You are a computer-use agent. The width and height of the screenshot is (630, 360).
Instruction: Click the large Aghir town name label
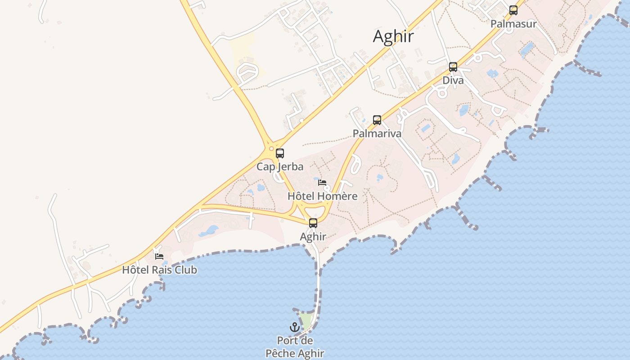393,36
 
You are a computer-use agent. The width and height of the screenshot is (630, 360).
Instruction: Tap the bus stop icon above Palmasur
513,10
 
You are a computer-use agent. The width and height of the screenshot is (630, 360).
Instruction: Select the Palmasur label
513,24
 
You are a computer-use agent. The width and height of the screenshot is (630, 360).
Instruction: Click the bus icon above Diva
453,67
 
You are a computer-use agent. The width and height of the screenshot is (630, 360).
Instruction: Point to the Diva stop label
453,81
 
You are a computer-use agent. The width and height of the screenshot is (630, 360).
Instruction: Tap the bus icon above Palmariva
377,120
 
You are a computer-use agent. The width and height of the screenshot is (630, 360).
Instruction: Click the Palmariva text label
377,134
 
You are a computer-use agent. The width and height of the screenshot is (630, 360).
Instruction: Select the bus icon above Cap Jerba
280,153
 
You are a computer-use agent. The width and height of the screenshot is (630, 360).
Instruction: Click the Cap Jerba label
280,166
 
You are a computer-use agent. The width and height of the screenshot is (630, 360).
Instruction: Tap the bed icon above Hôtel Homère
322,183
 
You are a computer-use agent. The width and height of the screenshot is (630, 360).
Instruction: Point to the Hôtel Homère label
322,196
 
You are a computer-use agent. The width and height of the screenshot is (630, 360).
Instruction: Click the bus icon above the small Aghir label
313,223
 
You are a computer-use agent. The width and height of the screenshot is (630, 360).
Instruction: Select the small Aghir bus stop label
313,236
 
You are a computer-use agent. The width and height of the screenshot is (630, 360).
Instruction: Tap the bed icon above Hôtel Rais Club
159,256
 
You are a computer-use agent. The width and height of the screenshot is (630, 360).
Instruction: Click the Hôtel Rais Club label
159,270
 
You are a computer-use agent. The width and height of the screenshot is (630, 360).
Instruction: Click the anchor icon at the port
295,327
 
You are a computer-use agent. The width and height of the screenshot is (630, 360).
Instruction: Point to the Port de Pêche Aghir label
295,347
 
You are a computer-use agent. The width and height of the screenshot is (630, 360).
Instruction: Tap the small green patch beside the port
306,321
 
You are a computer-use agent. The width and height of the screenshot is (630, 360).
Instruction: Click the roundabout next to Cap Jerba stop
270,148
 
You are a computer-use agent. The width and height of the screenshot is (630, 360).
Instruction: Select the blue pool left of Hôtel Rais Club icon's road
208,231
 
